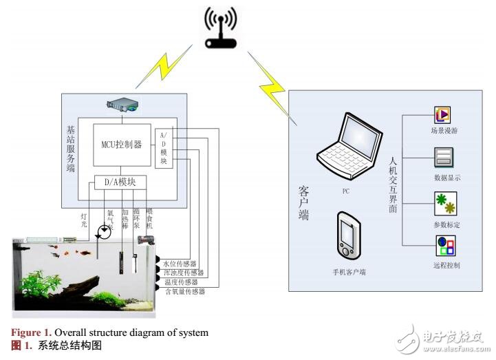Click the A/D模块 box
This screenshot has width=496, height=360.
click(x=164, y=147)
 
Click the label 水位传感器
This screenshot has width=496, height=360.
click(x=181, y=264)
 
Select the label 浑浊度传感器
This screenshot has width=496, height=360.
click(x=184, y=273)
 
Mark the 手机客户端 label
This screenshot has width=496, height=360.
click(x=347, y=272)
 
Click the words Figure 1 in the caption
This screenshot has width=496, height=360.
click(x=31, y=333)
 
